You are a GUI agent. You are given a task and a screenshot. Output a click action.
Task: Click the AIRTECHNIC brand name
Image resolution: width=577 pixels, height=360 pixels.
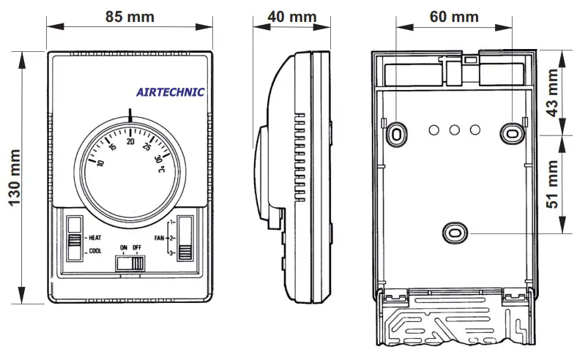(x=171, y=92)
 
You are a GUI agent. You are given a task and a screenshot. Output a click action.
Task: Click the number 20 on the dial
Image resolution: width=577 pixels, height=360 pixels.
(x=131, y=141)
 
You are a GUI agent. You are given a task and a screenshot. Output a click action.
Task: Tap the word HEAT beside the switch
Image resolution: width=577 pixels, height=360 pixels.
(x=94, y=239)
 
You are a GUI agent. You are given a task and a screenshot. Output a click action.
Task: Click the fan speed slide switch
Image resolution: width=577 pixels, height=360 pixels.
(x=185, y=239)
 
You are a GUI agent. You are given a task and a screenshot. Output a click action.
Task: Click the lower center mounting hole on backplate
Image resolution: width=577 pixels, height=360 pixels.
(x=454, y=233)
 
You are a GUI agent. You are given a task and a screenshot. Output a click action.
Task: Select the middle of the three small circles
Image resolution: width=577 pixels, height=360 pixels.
(x=454, y=130)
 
